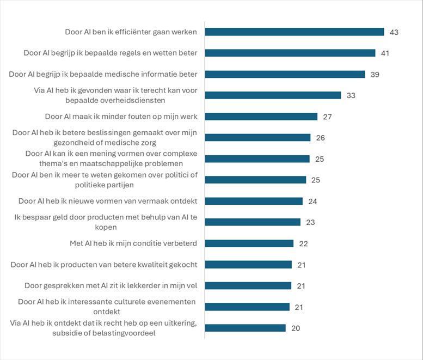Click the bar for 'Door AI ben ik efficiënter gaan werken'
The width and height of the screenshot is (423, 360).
coord(295,32)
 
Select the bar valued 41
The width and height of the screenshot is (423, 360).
coord(290,53)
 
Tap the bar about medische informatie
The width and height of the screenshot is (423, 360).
coord(285,74)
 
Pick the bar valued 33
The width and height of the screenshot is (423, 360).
coord(273,95)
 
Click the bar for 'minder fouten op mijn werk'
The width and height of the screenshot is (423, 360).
coord(261,117)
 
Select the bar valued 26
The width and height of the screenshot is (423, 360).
coord(258,138)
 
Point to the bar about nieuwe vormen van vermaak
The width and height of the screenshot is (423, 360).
coord(254,201)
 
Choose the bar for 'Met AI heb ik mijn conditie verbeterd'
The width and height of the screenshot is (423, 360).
coord(249,243)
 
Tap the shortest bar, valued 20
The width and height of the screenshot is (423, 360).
coord(245,328)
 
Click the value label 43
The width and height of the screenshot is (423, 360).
coord(394,32)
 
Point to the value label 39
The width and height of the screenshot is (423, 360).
coord(375,74)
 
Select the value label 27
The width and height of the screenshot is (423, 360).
coord(327,117)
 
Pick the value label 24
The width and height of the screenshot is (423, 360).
coord(312,201)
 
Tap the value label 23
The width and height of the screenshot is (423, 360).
coord(310,222)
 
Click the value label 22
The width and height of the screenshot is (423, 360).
coord(303,243)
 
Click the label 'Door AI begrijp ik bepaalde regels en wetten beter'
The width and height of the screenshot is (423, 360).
coord(111,53)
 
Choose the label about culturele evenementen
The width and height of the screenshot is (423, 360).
coord(107,307)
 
